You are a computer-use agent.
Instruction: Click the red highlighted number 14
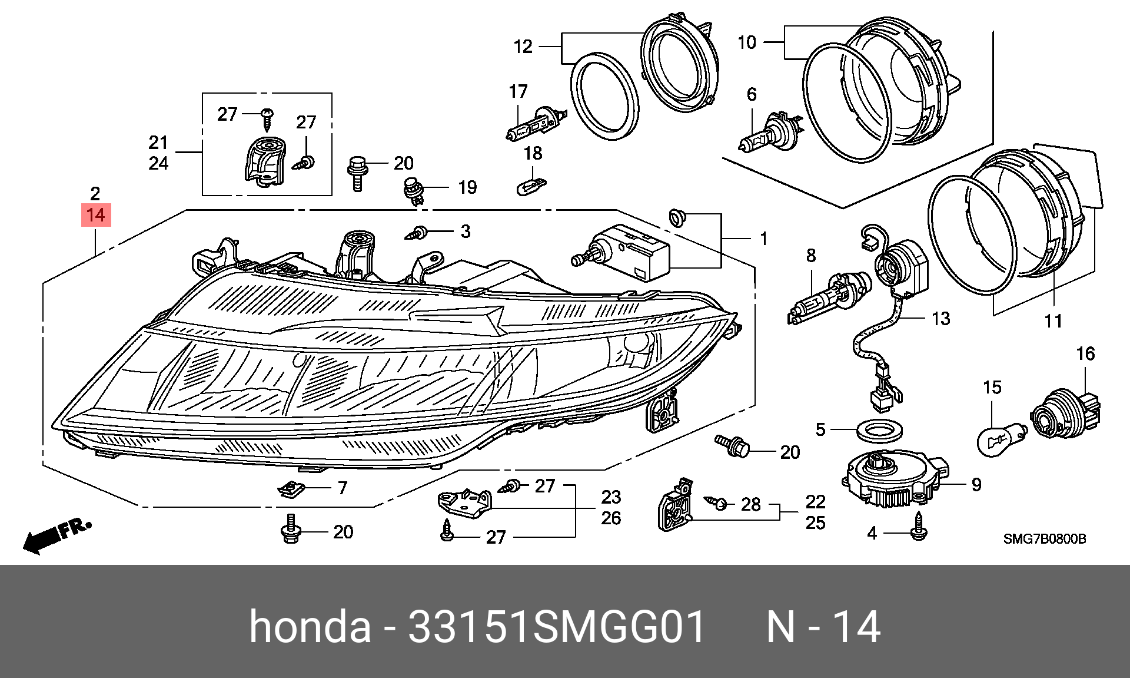click(96, 216)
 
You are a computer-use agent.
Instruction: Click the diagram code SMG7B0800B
click(1044, 539)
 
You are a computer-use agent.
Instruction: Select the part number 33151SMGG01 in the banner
click(556, 626)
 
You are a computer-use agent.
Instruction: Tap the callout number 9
click(976, 485)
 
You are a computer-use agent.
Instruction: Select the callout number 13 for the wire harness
click(940, 319)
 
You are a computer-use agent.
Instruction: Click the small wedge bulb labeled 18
click(531, 187)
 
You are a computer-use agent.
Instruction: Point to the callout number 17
click(518, 92)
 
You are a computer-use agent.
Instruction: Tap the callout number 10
click(747, 42)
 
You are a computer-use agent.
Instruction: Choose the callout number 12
click(523, 47)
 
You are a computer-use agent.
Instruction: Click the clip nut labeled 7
click(291, 488)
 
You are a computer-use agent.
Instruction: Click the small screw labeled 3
click(417, 232)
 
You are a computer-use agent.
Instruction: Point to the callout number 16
click(1085, 354)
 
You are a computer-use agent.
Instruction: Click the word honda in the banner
click(310, 626)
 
